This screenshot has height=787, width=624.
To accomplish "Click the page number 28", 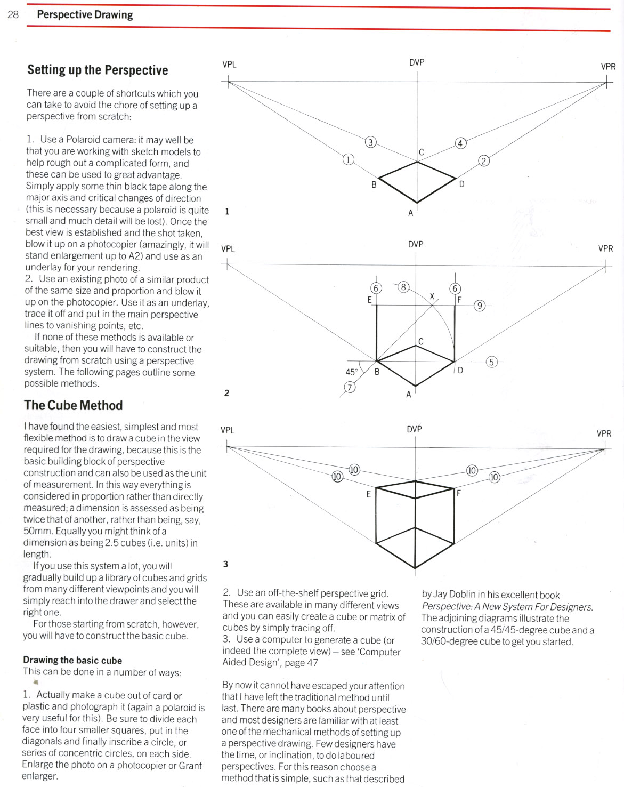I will point(13,14).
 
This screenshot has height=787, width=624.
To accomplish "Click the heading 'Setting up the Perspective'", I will point(98,70).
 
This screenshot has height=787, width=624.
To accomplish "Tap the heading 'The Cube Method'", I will point(74,405).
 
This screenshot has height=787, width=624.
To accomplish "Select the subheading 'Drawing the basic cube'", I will point(72,660).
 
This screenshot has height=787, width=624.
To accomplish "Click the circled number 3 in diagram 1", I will point(371,142).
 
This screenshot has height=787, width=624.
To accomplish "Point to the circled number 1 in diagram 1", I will point(348,159).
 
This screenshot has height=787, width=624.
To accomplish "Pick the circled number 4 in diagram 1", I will point(460,143).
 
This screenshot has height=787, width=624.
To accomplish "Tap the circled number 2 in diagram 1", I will point(484,160).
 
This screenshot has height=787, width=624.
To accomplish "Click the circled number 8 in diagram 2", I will point(403,287).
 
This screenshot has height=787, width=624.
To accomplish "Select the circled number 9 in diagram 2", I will point(480,306).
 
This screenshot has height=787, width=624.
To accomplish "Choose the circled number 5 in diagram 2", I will point(491,362).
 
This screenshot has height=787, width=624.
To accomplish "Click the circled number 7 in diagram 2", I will point(350,387).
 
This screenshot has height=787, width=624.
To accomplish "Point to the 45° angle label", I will point(351,372).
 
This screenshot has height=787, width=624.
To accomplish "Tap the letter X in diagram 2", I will point(432,296).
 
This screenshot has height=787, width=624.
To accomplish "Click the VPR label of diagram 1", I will point(608,67).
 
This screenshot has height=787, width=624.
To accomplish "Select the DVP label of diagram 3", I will point(414,429).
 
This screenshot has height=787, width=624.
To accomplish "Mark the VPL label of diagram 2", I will point(228,249).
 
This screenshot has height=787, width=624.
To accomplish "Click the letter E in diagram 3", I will point(368,494).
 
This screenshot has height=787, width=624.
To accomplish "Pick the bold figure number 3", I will point(226,564).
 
